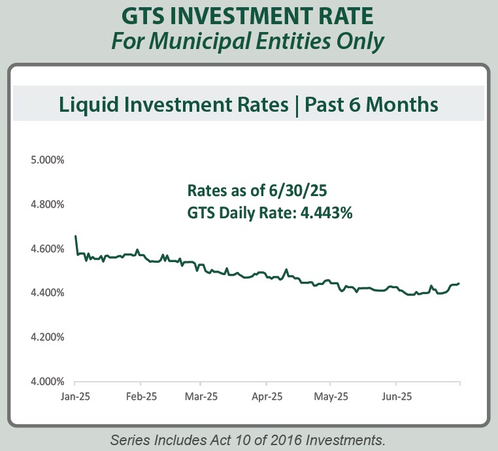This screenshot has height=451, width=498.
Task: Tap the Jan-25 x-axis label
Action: [76, 397]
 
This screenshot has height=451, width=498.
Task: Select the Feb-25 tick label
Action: [141, 397]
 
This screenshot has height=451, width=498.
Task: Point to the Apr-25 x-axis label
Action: [268, 397]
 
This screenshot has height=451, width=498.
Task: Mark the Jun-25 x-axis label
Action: [396, 397]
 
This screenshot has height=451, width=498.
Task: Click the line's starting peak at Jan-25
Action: [76, 236]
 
